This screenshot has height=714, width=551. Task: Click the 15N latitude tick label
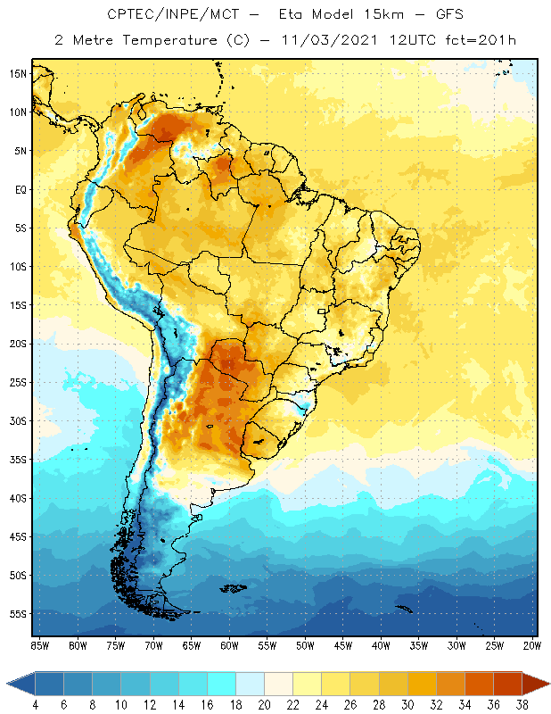18,73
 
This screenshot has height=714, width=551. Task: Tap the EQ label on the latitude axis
19,189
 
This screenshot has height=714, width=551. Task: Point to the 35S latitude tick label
18,460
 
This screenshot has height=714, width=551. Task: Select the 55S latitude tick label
18,614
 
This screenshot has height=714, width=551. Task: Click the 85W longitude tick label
39,645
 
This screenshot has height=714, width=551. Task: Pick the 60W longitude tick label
229,645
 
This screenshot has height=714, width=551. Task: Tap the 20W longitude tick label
532,645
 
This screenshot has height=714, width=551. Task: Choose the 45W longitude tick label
343,645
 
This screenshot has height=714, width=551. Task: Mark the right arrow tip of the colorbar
547,684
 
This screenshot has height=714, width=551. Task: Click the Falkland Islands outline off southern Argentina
234,587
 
